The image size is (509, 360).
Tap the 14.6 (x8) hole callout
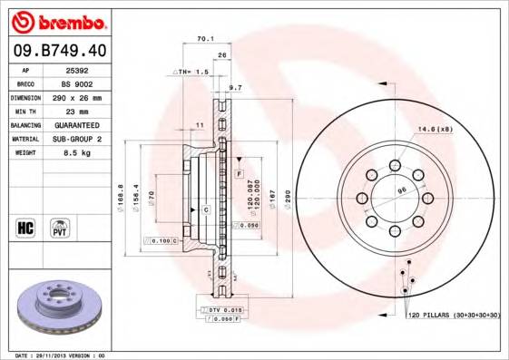[436, 130]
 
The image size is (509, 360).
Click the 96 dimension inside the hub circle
[400, 190]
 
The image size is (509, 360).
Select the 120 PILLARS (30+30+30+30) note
[454, 315]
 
